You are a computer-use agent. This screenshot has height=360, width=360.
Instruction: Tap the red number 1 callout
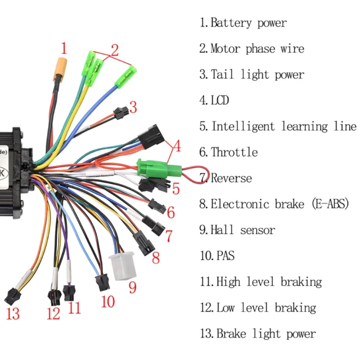[64, 48]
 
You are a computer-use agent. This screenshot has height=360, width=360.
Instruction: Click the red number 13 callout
[13, 313]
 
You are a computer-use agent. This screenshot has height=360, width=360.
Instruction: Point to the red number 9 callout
[133, 286]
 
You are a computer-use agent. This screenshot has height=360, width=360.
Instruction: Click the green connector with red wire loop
[154, 167]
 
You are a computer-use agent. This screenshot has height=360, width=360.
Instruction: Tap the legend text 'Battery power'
[248, 22]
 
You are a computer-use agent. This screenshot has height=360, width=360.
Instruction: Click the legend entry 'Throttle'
[234, 152]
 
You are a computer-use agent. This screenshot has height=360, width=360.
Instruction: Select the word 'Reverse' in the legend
[231, 178]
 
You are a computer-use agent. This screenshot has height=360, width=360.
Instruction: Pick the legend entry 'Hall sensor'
[242, 230]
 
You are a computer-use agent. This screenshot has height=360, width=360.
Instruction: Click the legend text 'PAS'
[225, 256]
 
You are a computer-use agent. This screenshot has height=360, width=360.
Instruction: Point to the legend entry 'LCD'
[220, 100]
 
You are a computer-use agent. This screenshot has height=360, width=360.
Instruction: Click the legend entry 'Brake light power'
[265, 334]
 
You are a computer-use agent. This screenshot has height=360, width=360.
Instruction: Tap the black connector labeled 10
[102, 283]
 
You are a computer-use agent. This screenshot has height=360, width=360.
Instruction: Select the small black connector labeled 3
[120, 113]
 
